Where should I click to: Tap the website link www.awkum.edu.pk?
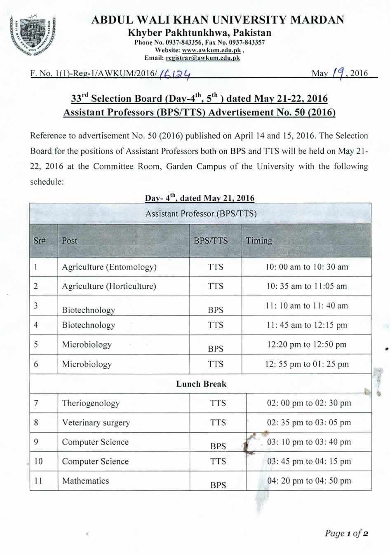click(x=211, y=50)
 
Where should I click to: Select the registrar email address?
click(x=202, y=58)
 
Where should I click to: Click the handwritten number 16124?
click(x=175, y=74)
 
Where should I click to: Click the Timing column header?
click(x=259, y=241)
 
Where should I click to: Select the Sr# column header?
click(x=40, y=241)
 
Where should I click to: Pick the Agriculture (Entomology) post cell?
click(x=109, y=267)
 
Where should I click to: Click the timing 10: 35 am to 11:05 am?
click(x=306, y=286)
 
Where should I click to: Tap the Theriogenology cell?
click(x=91, y=403)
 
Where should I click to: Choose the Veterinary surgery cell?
click(x=96, y=422)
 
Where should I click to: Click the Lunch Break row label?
click(x=201, y=384)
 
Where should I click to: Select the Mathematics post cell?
click(x=86, y=481)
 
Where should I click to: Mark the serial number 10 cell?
click(x=38, y=462)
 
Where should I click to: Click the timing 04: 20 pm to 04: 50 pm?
click(x=309, y=481)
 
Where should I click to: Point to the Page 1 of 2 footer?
click(x=346, y=533)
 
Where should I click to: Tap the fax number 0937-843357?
click(x=247, y=42)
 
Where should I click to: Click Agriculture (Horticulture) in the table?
click(x=109, y=286)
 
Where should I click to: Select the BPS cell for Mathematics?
click(x=218, y=485)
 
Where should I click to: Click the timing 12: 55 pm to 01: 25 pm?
click(x=306, y=364)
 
